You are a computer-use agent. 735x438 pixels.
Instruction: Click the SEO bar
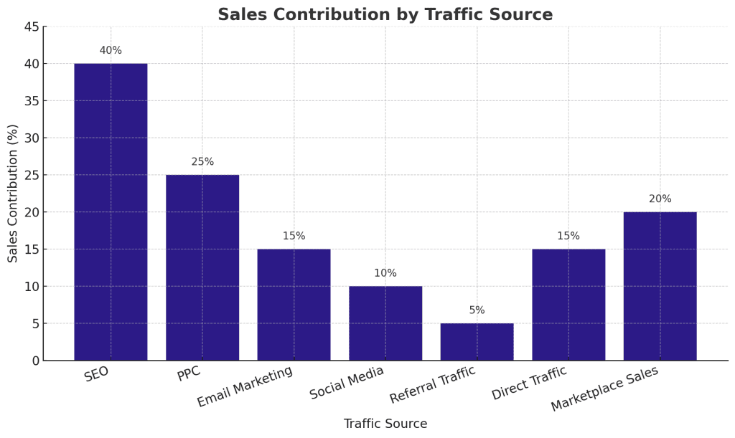pyautogui.click(x=111, y=211)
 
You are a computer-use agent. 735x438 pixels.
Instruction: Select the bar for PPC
pyautogui.click(x=202, y=267)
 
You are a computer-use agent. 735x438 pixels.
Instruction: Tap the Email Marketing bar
pyautogui.click(x=294, y=305)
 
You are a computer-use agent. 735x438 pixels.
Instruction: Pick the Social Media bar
pyautogui.click(x=385, y=323)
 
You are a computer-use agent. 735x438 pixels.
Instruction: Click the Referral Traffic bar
pyautogui.click(x=477, y=342)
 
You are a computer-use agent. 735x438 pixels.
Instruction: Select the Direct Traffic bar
pyautogui.click(x=568, y=305)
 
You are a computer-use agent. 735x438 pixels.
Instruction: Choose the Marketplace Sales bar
pyautogui.click(x=660, y=286)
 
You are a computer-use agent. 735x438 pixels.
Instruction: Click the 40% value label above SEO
pyautogui.click(x=111, y=51)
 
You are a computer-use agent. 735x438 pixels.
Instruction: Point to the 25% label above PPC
pyautogui.click(x=202, y=162)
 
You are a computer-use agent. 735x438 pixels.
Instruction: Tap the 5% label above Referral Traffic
pyautogui.click(x=477, y=310)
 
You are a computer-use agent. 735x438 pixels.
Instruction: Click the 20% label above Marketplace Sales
pyautogui.click(x=660, y=199)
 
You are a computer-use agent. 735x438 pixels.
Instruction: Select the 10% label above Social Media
pyautogui.click(x=385, y=273)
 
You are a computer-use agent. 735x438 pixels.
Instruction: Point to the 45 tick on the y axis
pyautogui.click(x=32, y=27)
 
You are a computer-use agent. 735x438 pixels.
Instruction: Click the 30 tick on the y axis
pyautogui.click(x=32, y=138)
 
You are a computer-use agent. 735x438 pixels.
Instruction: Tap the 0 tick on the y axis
pyautogui.click(x=35, y=361)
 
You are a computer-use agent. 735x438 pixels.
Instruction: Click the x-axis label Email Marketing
pyautogui.click(x=245, y=387)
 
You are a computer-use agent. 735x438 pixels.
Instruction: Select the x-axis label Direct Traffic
pyautogui.click(x=530, y=383)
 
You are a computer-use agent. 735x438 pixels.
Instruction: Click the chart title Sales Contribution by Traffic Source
pyautogui.click(x=385, y=15)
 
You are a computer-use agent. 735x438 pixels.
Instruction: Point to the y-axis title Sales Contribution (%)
pyautogui.click(x=13, y=194)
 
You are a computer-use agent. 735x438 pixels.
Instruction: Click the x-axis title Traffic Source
pyautogui.click(x=385, y=424)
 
